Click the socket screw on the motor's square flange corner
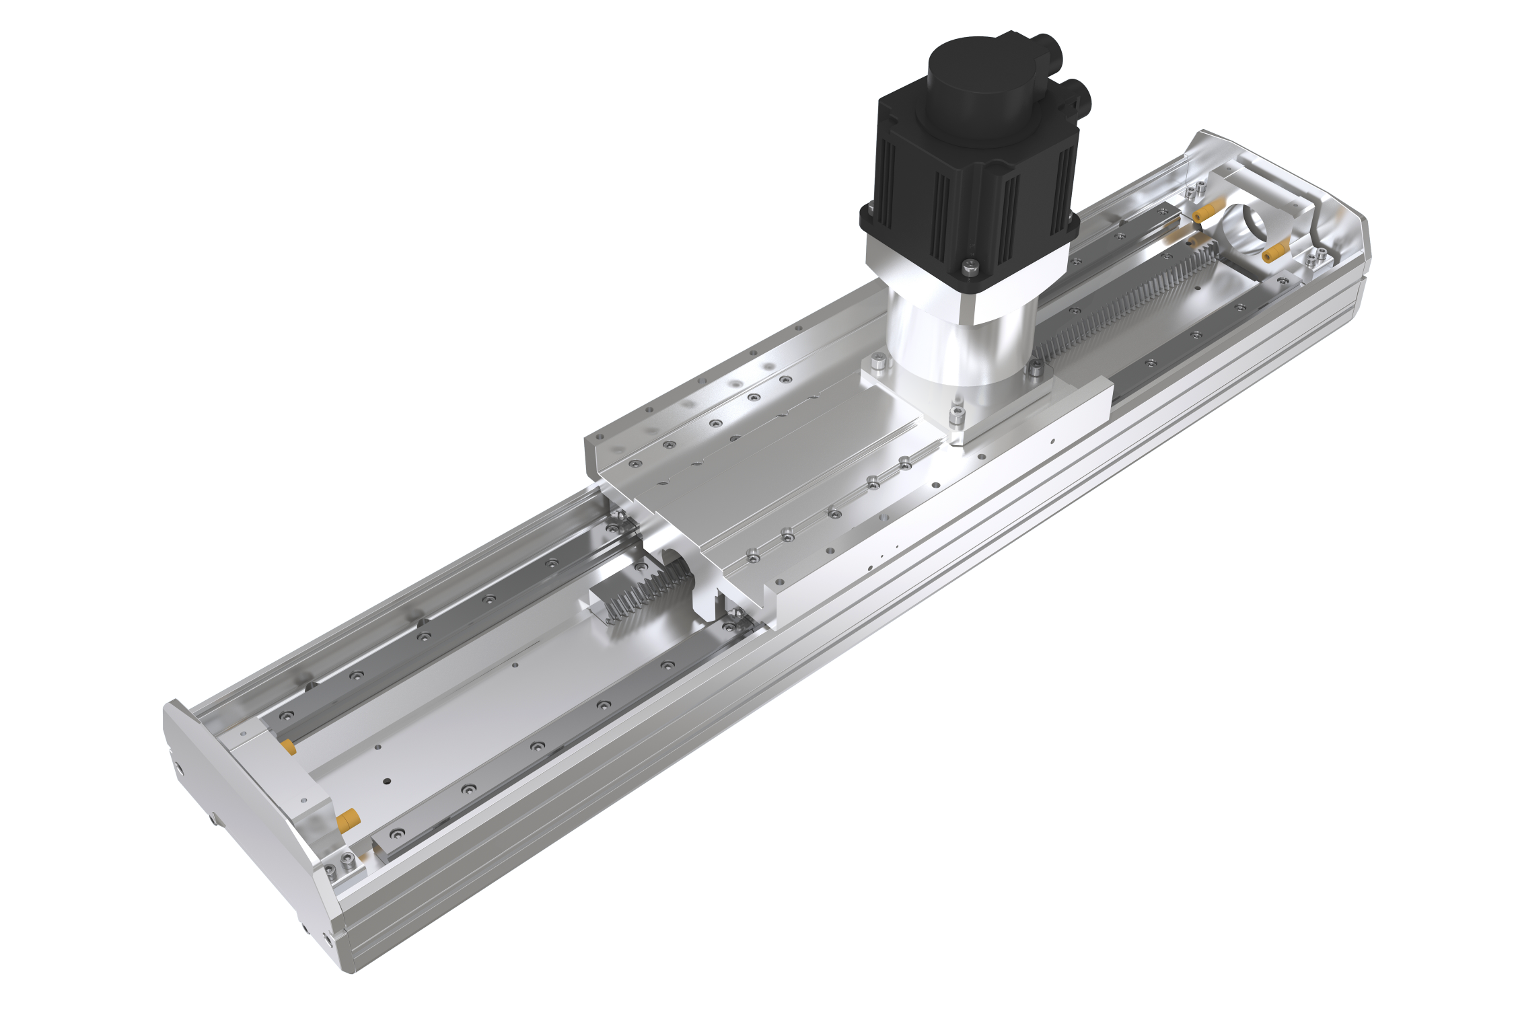[x=968, y=268]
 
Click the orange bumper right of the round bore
[x=1272, y=253]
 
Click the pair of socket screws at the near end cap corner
[x=340, y=864]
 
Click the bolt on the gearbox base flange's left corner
[x=877, y=363]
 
